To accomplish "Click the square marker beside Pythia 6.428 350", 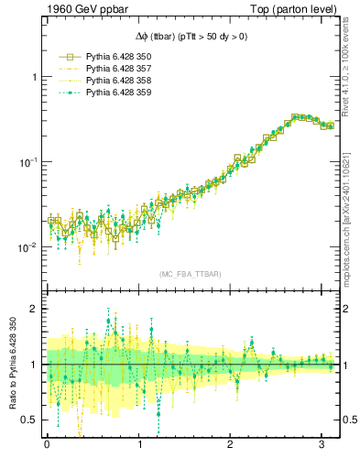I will pos(66,57).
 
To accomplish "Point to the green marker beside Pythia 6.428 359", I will pos(66,93).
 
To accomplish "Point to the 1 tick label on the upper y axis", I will pos(34,77).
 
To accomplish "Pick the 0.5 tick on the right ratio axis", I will pos(350,420).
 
